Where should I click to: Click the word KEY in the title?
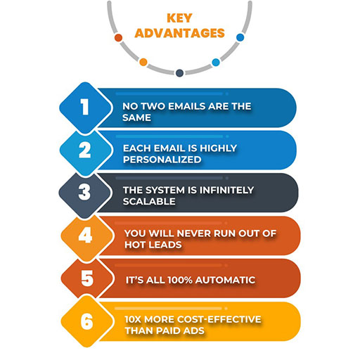click(x=179, y=18)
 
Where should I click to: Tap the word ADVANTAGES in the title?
click(x=180, y=33)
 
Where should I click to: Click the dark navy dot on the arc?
click(x=179, y=73)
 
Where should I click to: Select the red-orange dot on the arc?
click(x=118, y=37)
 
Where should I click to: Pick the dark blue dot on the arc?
click(x=240, y=37)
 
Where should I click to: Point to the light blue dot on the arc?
click(x=216, y=63)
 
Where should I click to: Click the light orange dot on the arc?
click(x=143, y=62)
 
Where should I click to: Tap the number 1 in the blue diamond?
click(x=85, y=107)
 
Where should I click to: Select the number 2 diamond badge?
click(x=86, y=150)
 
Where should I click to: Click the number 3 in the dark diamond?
click(x=84, y=193)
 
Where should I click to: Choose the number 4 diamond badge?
click(x=87, y=236)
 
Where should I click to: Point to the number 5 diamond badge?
click(x=87, y=278)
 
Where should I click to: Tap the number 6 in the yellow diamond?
click(x=86, y=321)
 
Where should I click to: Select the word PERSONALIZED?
click(x=162, y=160)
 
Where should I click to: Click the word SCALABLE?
click(x=149, y=201)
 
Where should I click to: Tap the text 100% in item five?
click(x=180, y=280)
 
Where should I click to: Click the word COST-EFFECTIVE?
click(x=219, y=319)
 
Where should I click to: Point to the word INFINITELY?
click(x=226, y=190)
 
